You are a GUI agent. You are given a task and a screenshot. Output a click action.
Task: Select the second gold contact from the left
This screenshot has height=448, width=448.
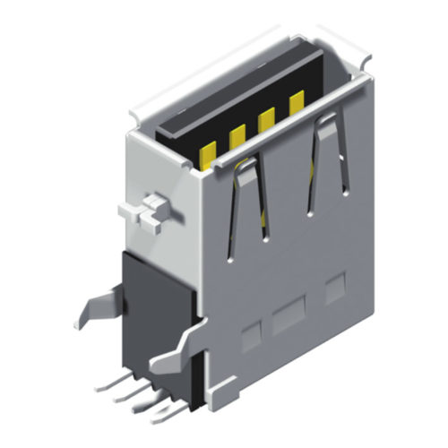pyautogui.click(x=237, y=137)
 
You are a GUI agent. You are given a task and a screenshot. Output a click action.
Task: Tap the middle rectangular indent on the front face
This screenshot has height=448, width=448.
pyautogui.click(x=289, y=316)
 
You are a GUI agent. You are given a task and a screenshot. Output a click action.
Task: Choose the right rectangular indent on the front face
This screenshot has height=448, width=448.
pyautogui.click(x=334, y=289)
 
